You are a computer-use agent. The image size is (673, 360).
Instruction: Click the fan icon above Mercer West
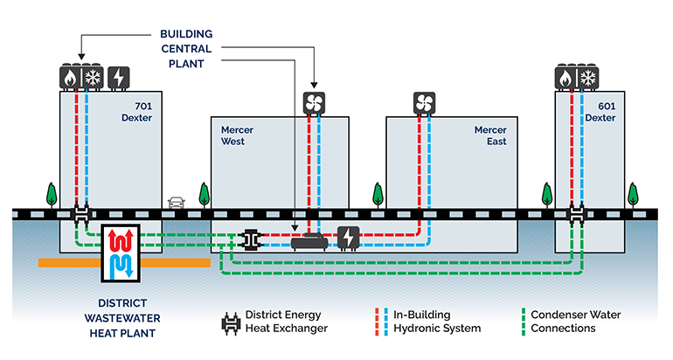(314, 103)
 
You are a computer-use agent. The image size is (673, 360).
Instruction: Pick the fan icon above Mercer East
(424, 103)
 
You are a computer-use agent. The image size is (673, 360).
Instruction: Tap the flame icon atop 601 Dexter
(566, 78)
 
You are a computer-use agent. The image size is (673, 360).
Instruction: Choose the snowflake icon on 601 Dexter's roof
(588, 78)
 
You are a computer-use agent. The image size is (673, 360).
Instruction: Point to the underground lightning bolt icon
(347, 238)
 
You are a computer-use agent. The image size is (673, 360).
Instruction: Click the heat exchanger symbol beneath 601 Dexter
(577, 213)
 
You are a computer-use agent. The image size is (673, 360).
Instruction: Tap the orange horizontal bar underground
(70, 261)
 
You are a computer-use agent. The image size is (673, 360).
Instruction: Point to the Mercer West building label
(237, 136)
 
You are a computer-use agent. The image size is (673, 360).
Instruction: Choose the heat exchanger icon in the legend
(231, 322)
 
